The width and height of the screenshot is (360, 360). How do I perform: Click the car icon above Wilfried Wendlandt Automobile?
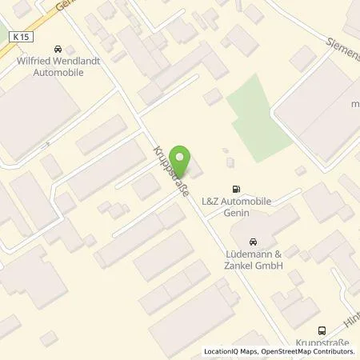pyautogui.click(x=56, y=48)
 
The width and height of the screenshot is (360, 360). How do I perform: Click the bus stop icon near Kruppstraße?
pyautogui.click(x=322, y=330)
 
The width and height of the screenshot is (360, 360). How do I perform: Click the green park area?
pyautogui.click(x=257, y=118)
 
